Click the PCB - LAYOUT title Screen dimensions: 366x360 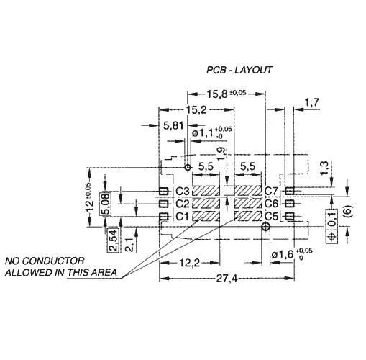(x=239, y=70)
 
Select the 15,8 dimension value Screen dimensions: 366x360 (x=217, y=94)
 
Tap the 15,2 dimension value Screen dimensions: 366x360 (x=196, y=110)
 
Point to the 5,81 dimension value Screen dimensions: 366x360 (x=173, y=125)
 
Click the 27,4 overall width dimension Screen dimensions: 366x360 (x=227, y=279)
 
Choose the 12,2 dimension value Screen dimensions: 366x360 (x=189, y=264)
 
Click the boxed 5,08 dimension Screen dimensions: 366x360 (x=106, y=204)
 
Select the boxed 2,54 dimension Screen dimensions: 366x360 (x=113, y=240)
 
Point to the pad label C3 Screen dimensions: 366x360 (x=183, y=192)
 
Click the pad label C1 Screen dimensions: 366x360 (x=183, y=217)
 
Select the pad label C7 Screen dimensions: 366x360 (x=271, y=192)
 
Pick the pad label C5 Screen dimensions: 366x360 (x=271, y=217)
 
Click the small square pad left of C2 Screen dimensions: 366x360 (x=164, y=204)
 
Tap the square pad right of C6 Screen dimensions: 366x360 (x=290, y=204)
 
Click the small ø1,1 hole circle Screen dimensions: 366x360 (x=188, y=167)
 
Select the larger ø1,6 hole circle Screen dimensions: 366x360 (x=265, y=226)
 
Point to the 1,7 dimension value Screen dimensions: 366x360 (x=312, y=102)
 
